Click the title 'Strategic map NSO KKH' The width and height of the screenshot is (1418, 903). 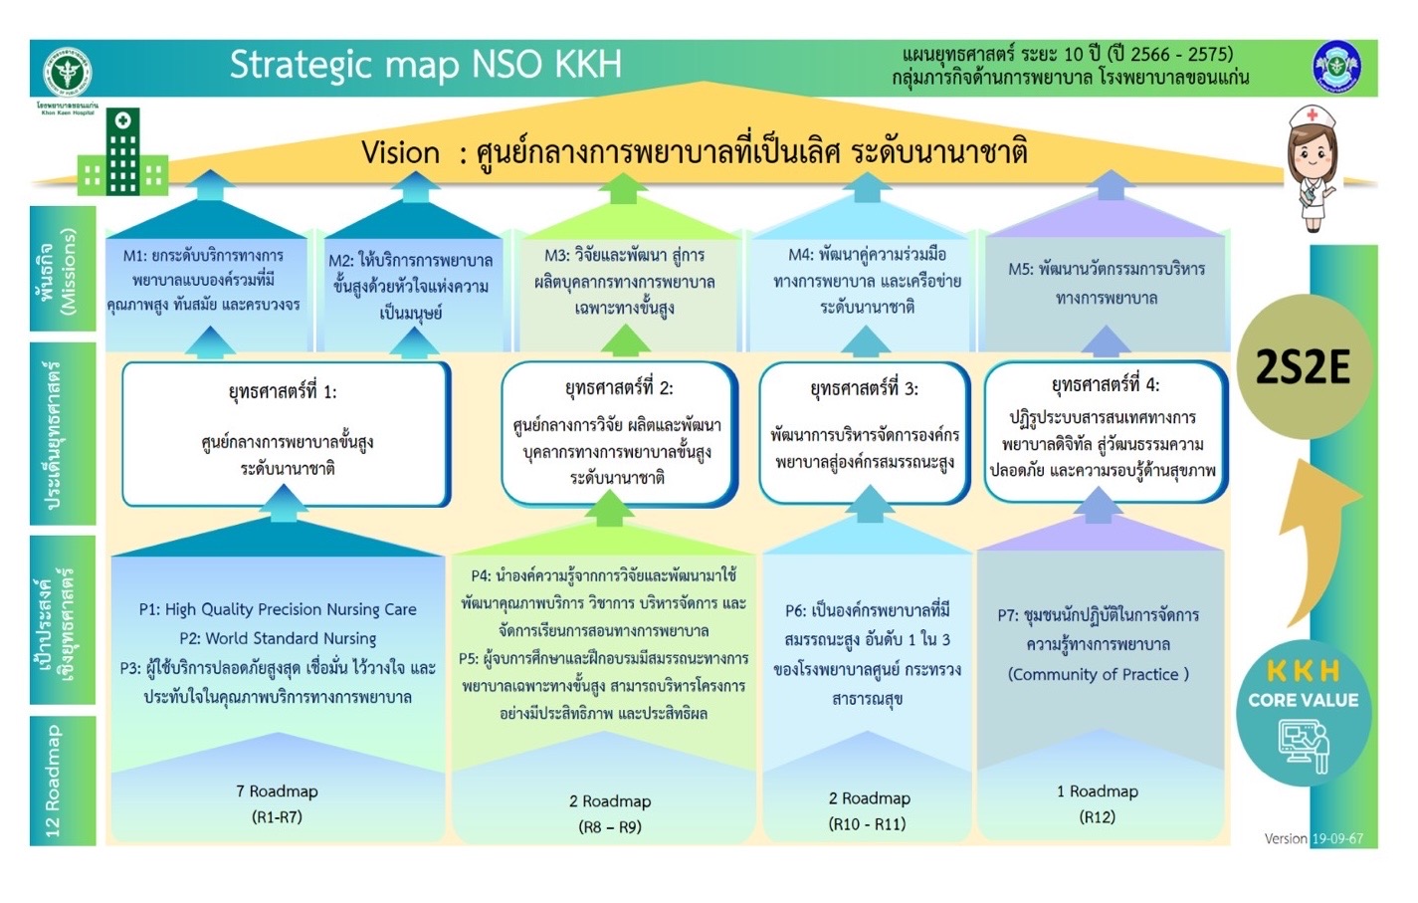(x=426, y=65)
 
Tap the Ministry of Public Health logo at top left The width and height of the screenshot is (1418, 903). (x=67, y=73)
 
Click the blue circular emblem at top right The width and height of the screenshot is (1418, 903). (x=1337, y=67)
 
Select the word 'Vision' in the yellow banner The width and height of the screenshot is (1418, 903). (x=400, y=153)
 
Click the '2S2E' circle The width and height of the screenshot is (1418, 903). (x=1304, y=367)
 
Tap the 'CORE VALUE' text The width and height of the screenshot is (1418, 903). (x=1304, y=700)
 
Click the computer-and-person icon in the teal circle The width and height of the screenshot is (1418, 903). (x=1304, y=746)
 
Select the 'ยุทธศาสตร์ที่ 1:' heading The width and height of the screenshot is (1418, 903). (x=283, y=392)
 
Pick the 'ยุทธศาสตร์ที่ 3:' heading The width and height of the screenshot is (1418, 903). (x=864, y=388)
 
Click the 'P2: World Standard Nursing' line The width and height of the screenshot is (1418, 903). (x=278, y=638)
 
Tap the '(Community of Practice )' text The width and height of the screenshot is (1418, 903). (x=1099, y=674)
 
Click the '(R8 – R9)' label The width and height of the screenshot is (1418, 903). (x=610, y=827)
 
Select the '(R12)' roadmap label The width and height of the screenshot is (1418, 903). (x=1097, y=816)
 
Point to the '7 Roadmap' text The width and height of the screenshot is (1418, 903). (x=277, y=790)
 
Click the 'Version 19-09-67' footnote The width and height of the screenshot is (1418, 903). (x=1314, y=838)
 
